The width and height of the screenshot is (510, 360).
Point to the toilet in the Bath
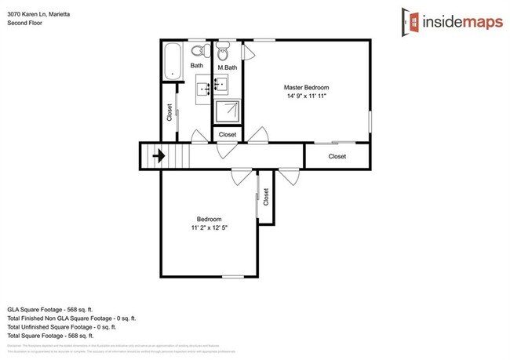click(199, 51)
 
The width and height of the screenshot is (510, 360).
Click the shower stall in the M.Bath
click(227, 111)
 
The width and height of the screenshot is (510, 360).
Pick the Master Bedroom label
click(305, 86)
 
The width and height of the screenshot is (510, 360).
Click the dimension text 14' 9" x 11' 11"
click(305, 96)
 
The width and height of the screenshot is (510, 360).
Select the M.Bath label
click(227, 67)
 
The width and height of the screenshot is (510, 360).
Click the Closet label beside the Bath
click(169, 113)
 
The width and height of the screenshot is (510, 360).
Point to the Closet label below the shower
click(227, 135)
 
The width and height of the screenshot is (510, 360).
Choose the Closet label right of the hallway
click(337, 156)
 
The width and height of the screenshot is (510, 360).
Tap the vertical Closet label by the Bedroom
click(266, 197)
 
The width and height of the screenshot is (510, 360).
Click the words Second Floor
click(25, 23)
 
